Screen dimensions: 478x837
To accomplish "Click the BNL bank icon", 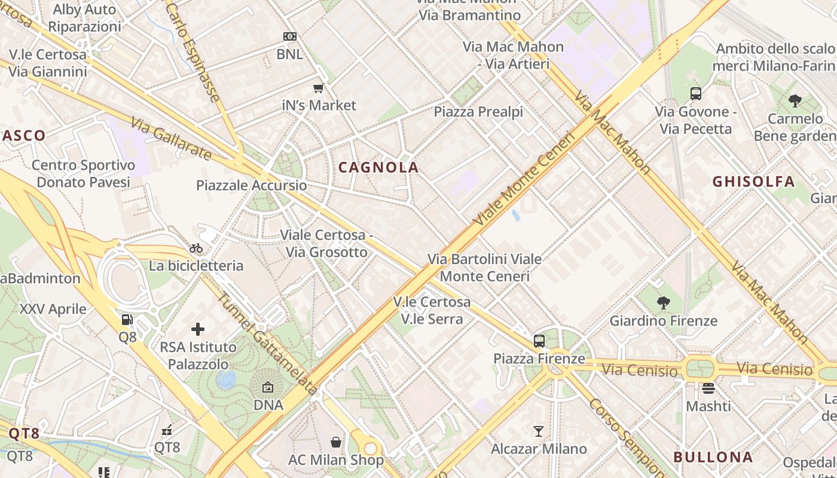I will click(290, 36).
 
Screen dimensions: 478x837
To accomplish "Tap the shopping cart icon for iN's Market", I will click(319, 88).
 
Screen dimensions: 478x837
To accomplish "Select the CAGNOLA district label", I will click(378, 168).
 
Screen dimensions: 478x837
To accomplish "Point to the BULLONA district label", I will click(713, 457).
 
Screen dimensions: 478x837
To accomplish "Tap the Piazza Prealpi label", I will click(478, 112).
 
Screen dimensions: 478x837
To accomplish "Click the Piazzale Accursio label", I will click(252, 185).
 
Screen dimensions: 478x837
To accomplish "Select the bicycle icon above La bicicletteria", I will click(196, 248).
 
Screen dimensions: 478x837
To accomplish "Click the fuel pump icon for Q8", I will click(127, 320).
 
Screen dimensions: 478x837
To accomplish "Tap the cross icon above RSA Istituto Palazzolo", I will click(198, 329).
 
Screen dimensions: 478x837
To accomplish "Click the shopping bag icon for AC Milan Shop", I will click(336, 442).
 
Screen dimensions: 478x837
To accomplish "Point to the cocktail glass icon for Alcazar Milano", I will click(539, 431).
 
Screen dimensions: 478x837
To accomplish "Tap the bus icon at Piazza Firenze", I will click(539, 341).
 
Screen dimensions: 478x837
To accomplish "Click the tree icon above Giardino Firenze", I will click(663, 303).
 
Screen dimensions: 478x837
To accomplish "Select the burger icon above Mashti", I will click(708, 388).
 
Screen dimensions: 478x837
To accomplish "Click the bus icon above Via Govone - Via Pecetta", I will click(696, 94).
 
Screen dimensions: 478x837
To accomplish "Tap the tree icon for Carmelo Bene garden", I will click(795, 100).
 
